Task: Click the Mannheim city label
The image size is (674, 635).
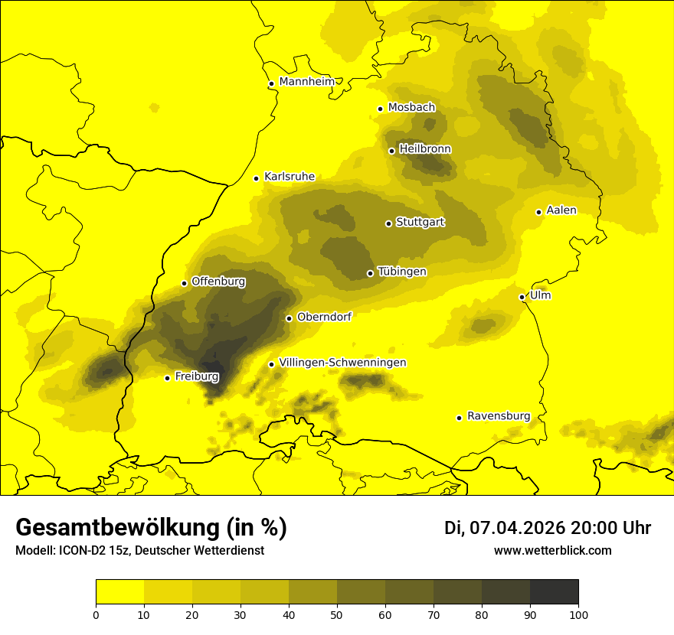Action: click(x=307, y=82)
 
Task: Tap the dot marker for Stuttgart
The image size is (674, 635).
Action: click(x=388, y=223)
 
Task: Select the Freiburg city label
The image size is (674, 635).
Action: click(x=197, y=376)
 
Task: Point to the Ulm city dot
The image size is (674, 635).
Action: click(x=522, y=297)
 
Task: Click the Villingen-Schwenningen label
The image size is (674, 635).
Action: click(x=342, y=363)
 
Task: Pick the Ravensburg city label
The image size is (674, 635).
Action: click(x=499, y=416)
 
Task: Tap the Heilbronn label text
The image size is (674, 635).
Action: click(x=425, y=149)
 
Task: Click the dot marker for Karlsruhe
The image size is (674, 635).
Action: click(x=257, y=178)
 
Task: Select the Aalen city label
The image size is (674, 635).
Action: click(x=561, y=210)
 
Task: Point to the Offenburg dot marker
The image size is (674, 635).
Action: click(x=184, y=283)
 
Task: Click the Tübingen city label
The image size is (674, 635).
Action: click(x=402, y=272)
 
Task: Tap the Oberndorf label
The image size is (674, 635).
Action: click(x=324, y=317)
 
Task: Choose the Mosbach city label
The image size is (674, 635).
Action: click(x=411, y=108)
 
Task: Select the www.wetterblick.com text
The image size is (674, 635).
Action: click(x=552, y=550)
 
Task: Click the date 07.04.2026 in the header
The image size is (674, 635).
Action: click(x=517, y=528)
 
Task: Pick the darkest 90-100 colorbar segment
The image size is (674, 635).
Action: click(x=554, y=591)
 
